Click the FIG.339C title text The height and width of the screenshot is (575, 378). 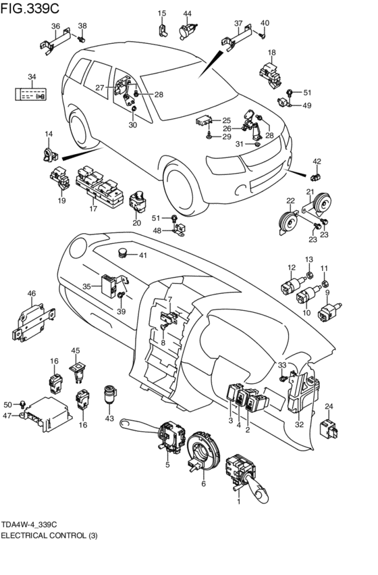point(30,7)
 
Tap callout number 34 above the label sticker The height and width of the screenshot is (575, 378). point(32,76)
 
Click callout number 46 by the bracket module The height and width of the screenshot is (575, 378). point(32,293)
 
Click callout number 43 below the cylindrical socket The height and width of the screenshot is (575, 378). point(109,418)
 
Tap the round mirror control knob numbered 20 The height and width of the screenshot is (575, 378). point(138,203)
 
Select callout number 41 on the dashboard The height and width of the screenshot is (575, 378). point(142,255)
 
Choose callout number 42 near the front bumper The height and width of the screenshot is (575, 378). point(317,161)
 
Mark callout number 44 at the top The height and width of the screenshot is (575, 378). point(187,14)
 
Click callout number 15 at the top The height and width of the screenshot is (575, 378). point(162,14)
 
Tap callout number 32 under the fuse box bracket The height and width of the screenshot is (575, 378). point(300,424)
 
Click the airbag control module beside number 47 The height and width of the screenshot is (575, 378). point(47,414)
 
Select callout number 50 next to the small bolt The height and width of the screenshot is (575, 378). point(7,405)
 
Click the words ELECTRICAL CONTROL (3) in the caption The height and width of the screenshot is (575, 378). point(49,536)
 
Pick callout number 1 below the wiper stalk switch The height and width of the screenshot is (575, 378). point(239,501)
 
